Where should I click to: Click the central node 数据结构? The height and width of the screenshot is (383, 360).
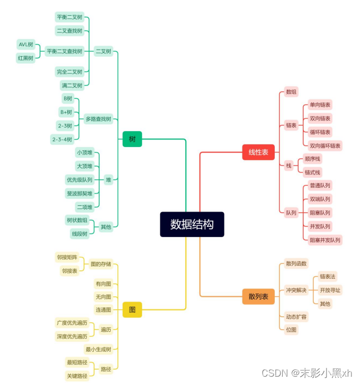[x=192, y=224]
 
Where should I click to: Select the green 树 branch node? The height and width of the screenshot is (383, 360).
[x=132, y=139]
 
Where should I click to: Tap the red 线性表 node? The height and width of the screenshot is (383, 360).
[x=258, y=152]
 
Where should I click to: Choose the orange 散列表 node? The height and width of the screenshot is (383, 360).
[x=258, y=297]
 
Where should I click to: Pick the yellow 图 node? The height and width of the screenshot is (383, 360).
[x=132, y=310]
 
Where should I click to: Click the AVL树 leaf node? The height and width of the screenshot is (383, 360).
[x=26, y=44]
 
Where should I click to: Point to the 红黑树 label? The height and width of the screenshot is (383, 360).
[x=26, y=58]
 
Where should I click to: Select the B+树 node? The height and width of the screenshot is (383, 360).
[x=66, y=112]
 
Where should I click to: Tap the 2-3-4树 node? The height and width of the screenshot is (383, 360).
[x=61, y=139]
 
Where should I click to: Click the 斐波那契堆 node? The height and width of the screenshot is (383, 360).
[x=79, y=193]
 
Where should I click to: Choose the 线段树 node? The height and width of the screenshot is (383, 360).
[x=79, y=234]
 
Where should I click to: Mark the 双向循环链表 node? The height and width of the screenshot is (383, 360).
[x=325, y=145]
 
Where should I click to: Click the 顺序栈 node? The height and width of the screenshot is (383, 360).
[x=312, y=159]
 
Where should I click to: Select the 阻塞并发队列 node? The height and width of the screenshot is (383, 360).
[x=325, y=240]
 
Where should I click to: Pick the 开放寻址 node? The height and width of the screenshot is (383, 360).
[x=330, y=290]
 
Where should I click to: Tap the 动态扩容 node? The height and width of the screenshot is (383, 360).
[x=296, y=317]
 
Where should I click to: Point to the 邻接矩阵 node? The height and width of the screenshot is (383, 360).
[x=67, y=258]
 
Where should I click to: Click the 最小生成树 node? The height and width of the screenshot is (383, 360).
[x=98, y=349]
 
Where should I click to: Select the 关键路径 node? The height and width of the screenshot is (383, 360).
[x=77, y=376]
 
